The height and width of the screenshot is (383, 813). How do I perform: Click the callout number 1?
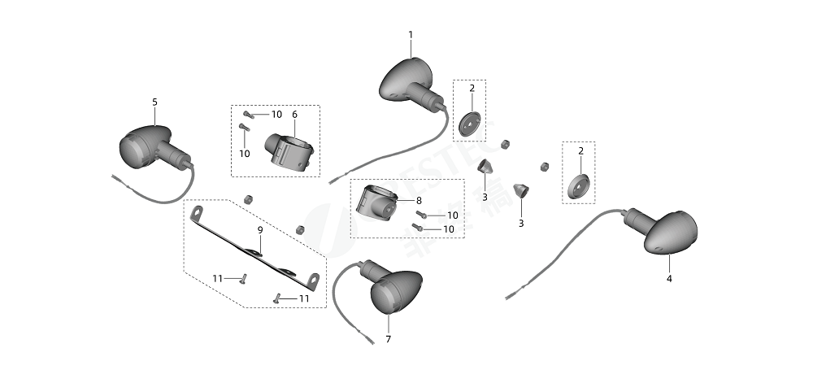tap(411, 35)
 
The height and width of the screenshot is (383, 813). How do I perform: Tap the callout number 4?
tap(669, 278)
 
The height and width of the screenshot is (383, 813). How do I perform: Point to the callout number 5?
tap(154, 102)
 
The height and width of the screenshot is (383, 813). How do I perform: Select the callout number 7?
tap(388, 338)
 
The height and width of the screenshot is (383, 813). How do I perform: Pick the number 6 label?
tap(294, 115)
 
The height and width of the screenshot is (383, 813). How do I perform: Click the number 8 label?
tap(419, 200)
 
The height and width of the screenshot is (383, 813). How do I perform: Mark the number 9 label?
tap(260, 230)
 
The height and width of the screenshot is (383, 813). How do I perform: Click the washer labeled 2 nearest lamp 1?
tap(469, 124)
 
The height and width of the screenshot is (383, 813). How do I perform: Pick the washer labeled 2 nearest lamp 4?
tap(578, 186)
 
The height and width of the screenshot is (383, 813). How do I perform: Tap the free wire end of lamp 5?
tap(115, 176)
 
